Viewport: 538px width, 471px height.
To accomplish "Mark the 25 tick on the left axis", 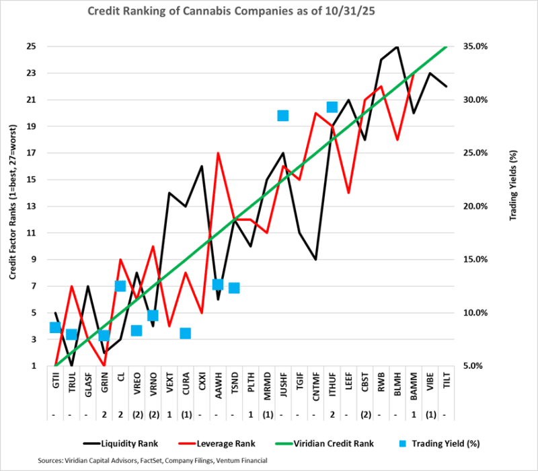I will point(32,46).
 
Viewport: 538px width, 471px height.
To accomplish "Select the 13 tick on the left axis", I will point(32,206).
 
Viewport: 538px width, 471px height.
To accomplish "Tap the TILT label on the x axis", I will point(447,388).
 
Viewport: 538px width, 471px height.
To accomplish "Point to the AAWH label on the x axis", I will point(218,388).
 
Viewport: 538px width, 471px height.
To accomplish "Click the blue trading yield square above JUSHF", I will point(283,116).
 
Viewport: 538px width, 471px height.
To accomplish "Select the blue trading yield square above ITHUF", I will point(332,107).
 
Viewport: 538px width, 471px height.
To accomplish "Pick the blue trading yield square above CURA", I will point(186,333).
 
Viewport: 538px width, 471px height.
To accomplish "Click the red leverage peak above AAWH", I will point(218,153).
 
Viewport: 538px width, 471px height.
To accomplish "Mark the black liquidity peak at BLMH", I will point(397,46).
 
